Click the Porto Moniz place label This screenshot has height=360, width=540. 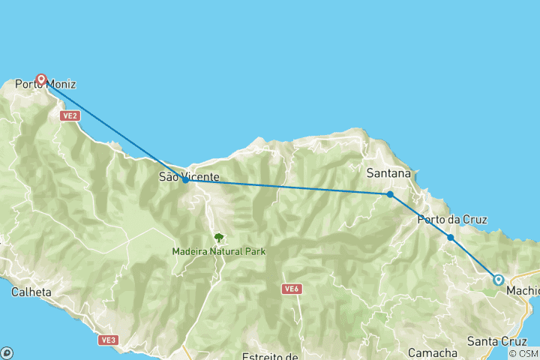(x=45, y=85)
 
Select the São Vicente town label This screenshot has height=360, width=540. (x=189, y=177)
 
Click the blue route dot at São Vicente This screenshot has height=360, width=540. (x=185, y=180)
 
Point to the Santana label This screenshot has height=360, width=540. (x=388, y=173)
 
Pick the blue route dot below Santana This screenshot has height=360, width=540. (x=390, y=194)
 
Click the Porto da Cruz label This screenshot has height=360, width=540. (x=452, y=220)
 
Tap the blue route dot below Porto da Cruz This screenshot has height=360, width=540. (x=451, y=238)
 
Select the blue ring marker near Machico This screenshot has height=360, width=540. (x=498, y=280)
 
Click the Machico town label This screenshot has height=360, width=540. (x=522, y=290)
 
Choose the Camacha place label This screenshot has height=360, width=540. (x=433, y=352)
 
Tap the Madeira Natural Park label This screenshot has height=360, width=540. (x=219, y=251)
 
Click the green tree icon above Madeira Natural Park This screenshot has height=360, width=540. (x=219, y=238)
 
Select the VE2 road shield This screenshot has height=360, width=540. (x=70, y=116)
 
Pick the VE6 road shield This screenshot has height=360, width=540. (x=292, y=289)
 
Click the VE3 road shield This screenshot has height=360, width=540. (x=108, y=340)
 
